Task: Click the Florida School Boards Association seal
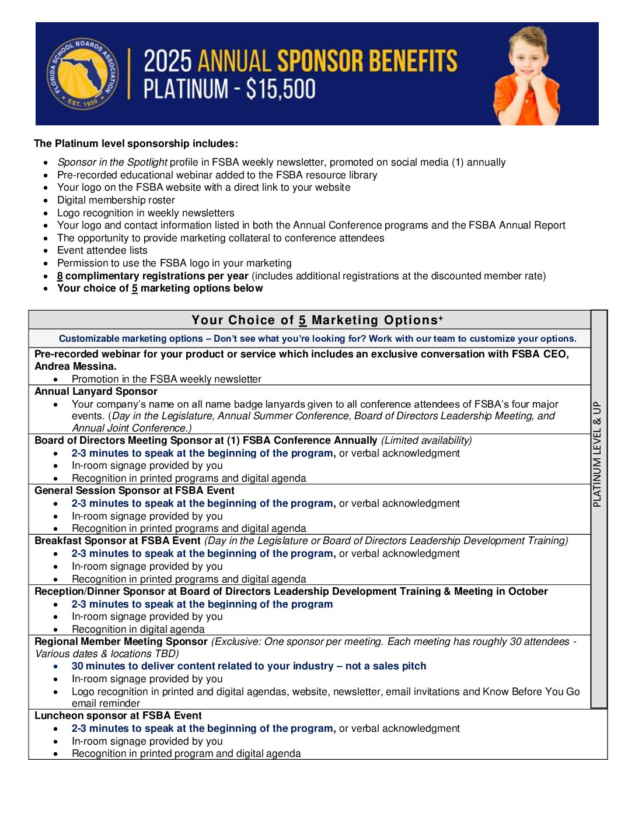(82, 74)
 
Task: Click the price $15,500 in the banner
(281, 89)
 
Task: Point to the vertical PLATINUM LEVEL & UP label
(597, 454)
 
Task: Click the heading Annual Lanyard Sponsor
(96, 392)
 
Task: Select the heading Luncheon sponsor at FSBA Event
(118, 716)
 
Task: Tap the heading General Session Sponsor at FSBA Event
(134, 491)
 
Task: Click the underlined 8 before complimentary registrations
(60, 276)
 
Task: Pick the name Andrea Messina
(75, 367)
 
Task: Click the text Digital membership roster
(116, 200)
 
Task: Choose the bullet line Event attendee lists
(102, 251)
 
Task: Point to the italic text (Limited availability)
(426, 441)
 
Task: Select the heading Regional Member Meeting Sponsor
(121, 642)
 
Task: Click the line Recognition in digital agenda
(138, 630)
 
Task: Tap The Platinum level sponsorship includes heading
(136, 144)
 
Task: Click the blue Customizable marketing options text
(131, 339)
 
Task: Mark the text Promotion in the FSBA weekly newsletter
(166, 380)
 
